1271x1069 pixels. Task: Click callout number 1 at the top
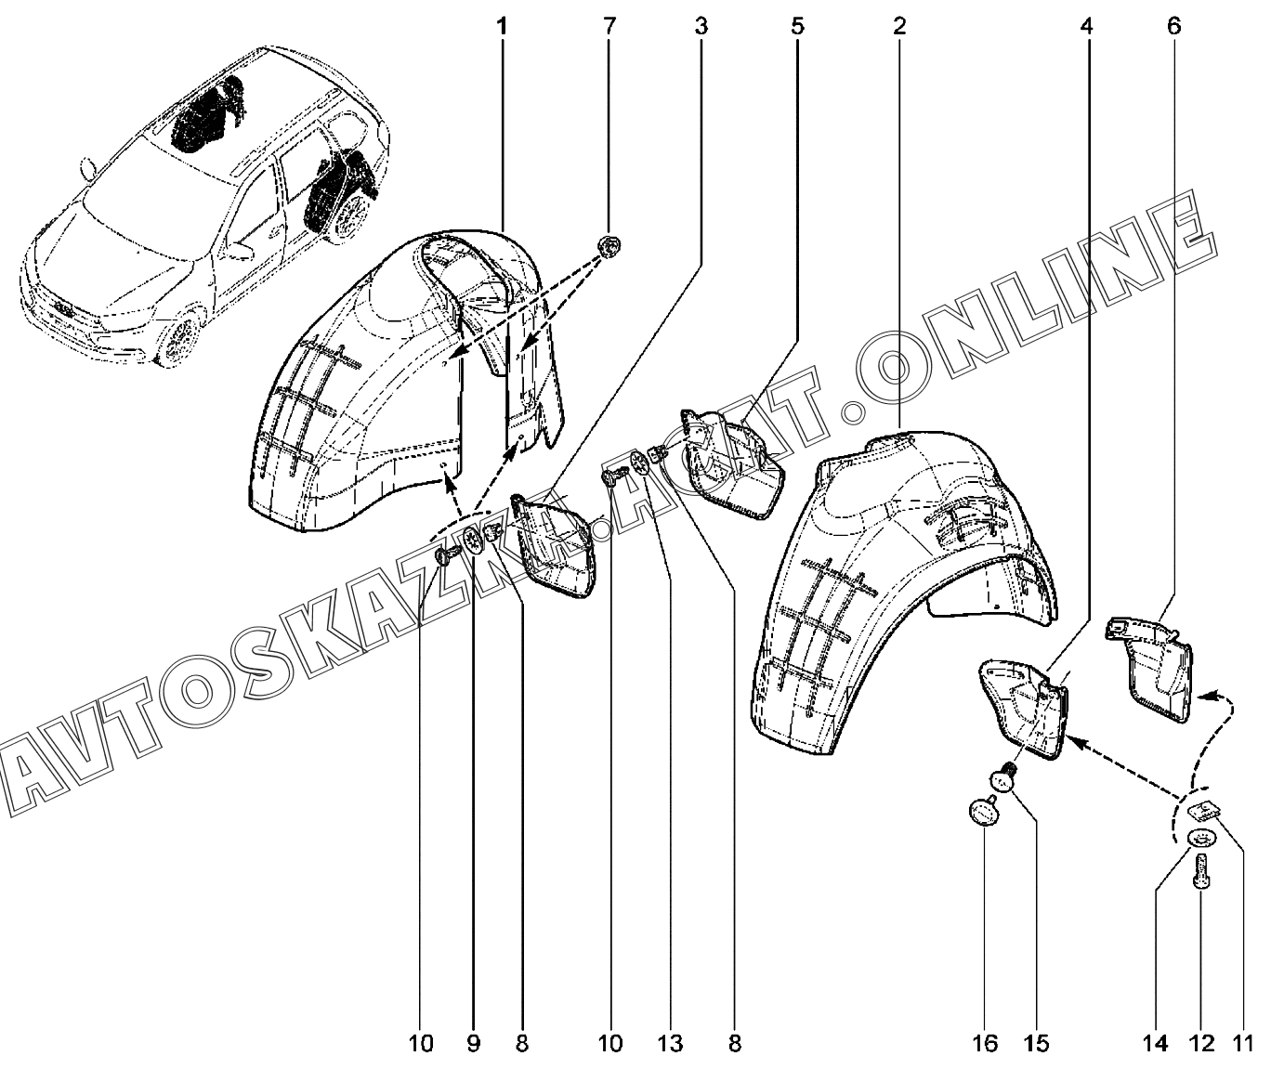point(502,26)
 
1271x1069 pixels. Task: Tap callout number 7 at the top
point(609,26)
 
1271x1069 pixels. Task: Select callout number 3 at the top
point(701,26)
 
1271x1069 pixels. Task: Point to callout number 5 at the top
point(797,26)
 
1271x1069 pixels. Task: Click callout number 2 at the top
point(899,26)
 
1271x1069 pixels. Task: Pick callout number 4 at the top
point(1086,26)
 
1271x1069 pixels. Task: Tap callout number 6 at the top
point(1173,26)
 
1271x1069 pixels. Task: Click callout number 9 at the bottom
point(474,1044)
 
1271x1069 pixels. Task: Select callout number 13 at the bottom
point(670,1044)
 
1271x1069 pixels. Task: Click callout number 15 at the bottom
point(1037,1044)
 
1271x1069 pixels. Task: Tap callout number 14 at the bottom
point(1156,1044)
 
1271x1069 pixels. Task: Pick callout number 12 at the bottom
point(1201,1044)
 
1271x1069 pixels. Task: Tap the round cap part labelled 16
point(984,811)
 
